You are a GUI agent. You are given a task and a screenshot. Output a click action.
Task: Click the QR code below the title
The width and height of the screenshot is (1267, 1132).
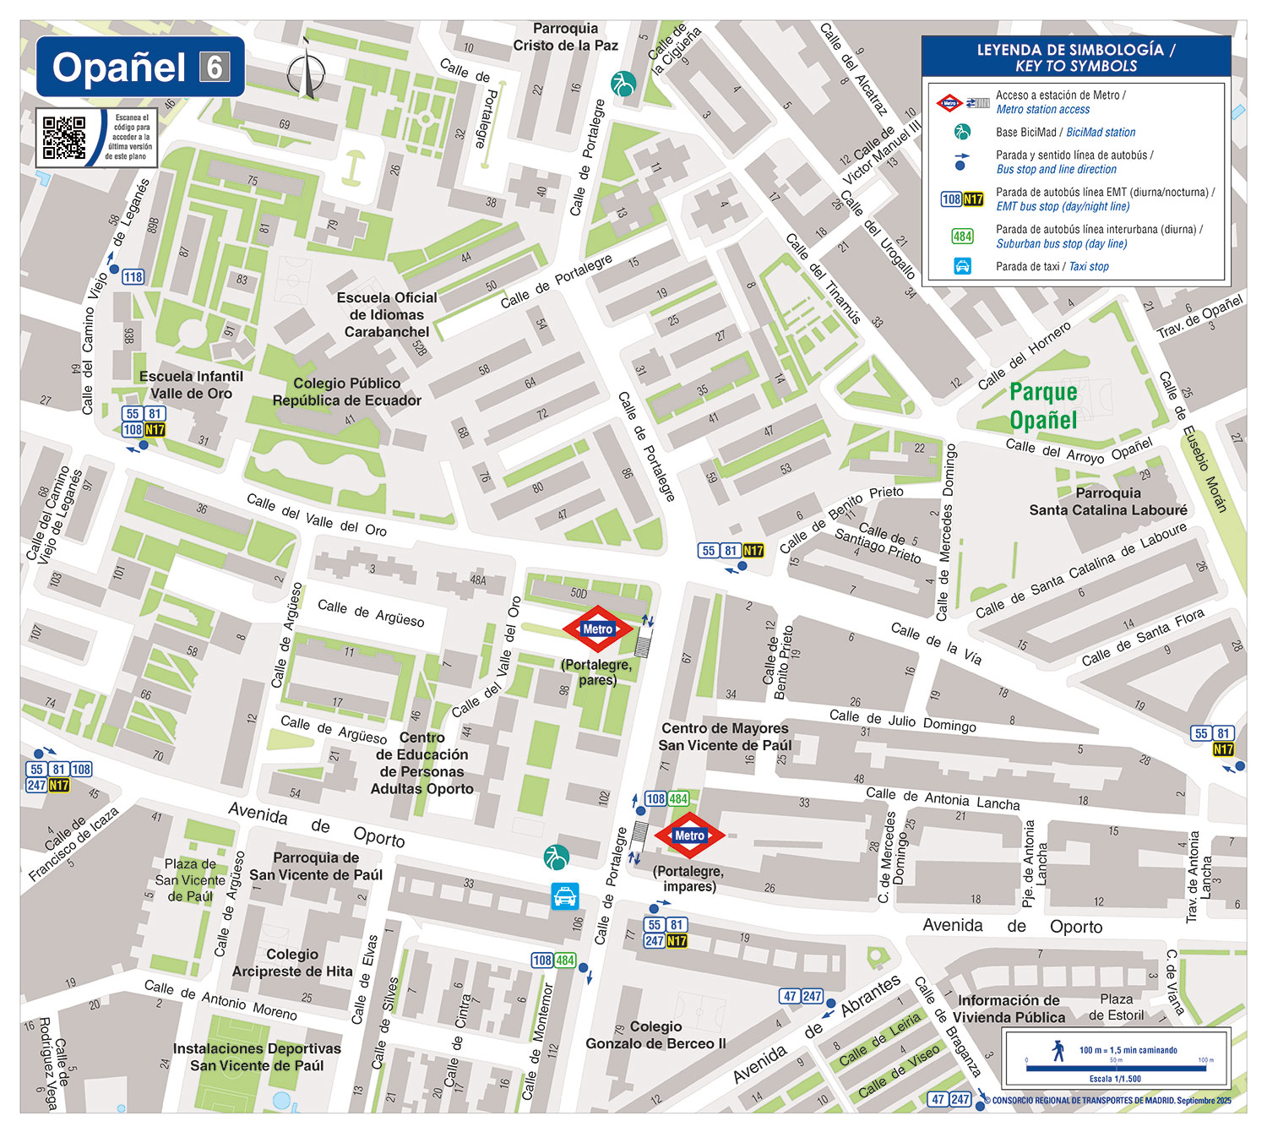pos(64,138)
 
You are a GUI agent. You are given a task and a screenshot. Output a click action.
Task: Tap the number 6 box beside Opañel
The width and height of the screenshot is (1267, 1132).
pos(215,67)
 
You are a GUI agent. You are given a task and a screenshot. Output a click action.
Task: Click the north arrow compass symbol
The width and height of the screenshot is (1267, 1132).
pos(306,72)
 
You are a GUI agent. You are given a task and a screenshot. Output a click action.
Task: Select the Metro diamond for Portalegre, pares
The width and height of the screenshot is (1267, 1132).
pos(597,629)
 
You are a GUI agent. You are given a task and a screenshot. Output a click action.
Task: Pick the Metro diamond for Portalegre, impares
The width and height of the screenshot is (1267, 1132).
pos(689,835)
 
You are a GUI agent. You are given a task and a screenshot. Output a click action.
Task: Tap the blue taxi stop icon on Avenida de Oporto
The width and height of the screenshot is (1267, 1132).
pos(564,895)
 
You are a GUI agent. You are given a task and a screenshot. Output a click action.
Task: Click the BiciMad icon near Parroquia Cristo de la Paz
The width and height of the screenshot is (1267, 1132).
pos(623,84)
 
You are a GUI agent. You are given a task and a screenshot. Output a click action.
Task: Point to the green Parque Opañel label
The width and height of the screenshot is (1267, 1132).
pos(1043,405)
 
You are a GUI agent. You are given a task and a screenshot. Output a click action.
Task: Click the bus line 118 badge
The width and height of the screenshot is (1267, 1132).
pos(133,277)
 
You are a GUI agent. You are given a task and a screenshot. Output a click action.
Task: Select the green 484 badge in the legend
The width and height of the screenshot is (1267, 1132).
pos(962,237)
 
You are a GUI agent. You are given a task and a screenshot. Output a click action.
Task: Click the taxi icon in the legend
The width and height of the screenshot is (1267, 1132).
pos(962,266)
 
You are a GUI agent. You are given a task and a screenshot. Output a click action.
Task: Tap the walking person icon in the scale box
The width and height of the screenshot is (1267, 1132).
pos(1058,1050)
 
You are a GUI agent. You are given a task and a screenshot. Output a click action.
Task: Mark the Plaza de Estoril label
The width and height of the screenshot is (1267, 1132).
pos(1116,1007)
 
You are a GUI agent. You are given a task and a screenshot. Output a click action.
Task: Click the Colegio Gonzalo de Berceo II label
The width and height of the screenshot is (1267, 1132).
pos(655,1035)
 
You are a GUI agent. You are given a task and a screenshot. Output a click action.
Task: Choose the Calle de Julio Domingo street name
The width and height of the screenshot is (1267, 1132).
pos(902,721)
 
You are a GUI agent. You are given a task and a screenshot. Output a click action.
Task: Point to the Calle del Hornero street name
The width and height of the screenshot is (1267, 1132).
pos(1024,356)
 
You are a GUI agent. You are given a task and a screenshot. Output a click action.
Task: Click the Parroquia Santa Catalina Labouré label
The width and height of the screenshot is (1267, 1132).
pos(1107,502)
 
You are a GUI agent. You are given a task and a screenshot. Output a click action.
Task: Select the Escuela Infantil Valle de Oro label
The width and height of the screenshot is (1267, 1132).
pos(191,385)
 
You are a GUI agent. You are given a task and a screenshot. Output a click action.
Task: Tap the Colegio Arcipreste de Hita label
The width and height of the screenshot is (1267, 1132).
pos(292,963)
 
